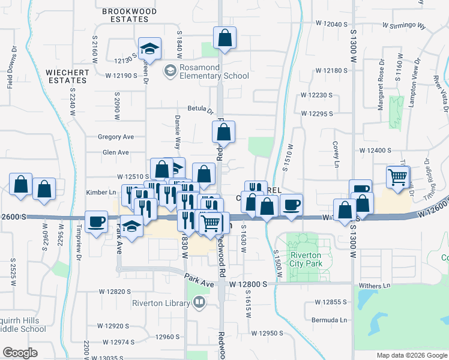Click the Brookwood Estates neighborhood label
[x=129, y=15]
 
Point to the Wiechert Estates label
[x=67, y=76]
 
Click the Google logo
[x=20, y=353]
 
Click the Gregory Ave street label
[x=116, y=137]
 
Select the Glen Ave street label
[x=116, y=153]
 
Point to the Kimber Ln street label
[x=101, y=193]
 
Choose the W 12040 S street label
[x=331, y=24]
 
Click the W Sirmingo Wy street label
[x=404, y=26]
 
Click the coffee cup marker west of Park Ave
[x=96, y=222]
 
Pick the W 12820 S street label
[x=115, y=292]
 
